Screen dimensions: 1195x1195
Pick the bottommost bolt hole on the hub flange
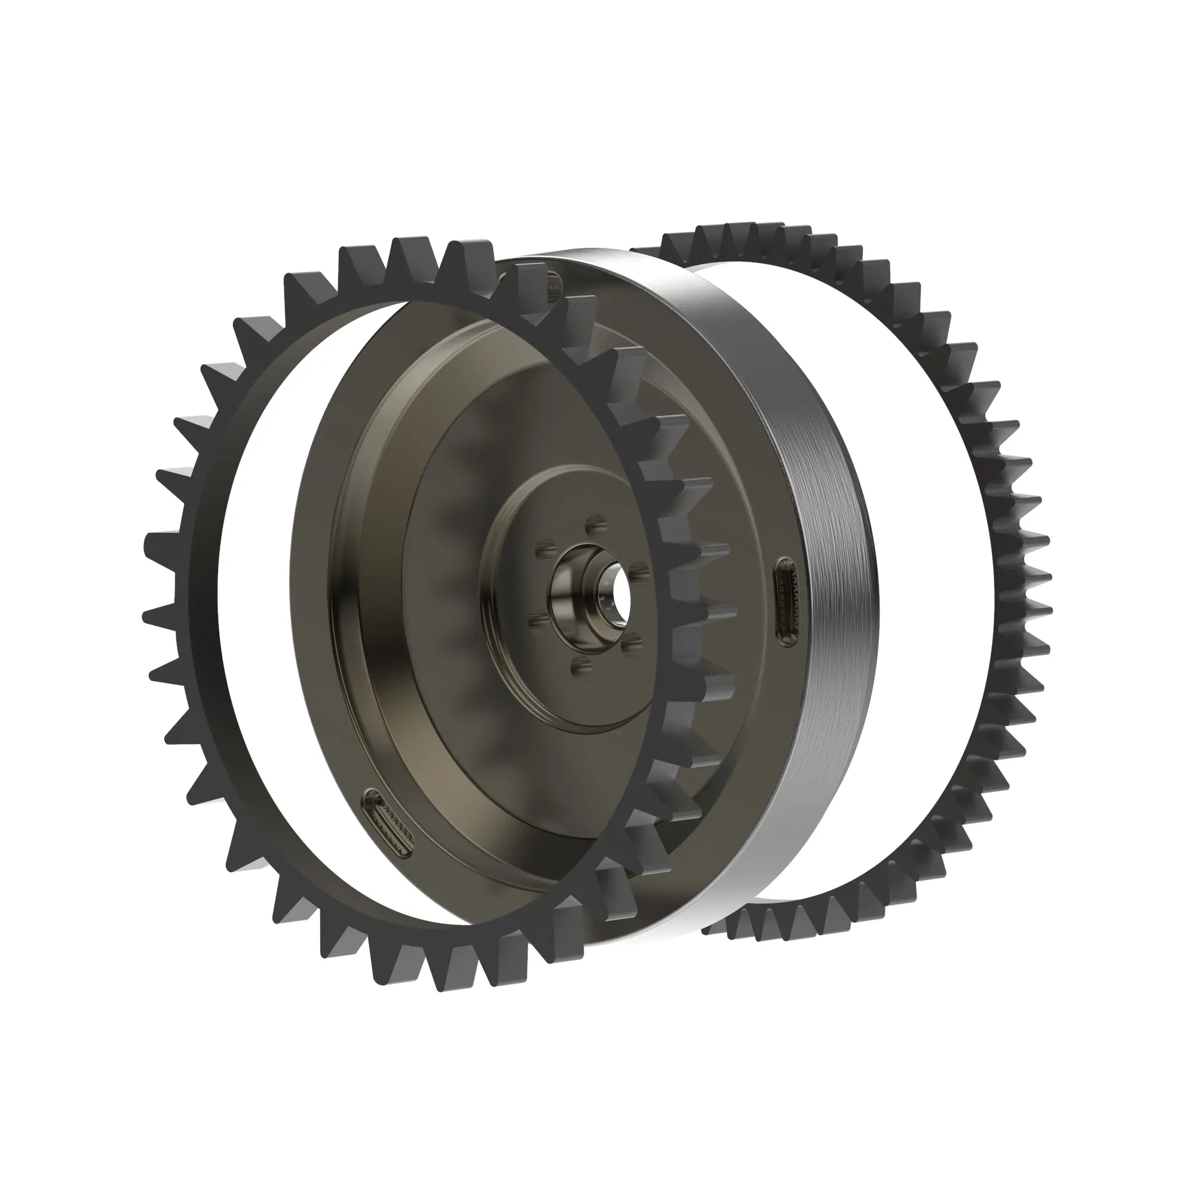579,667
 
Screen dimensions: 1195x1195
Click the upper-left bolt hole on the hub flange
544,548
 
